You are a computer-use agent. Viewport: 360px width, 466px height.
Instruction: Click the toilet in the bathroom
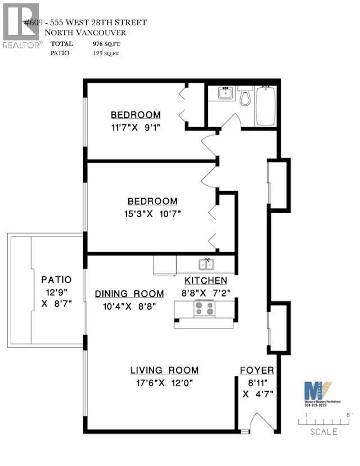click(245, 97)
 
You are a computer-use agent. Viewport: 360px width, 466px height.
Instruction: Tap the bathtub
click(266, 106)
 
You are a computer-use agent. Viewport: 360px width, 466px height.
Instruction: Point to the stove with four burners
click(204, 308)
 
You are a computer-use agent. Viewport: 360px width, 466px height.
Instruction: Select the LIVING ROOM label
click(164, 370)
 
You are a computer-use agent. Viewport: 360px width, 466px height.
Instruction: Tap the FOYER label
click(257, 370)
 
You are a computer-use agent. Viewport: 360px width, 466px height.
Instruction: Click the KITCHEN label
click(206, 280)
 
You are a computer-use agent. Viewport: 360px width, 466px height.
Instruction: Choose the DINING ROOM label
click(129, 293)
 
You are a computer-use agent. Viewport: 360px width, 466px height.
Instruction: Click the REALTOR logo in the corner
click(21, 25)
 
